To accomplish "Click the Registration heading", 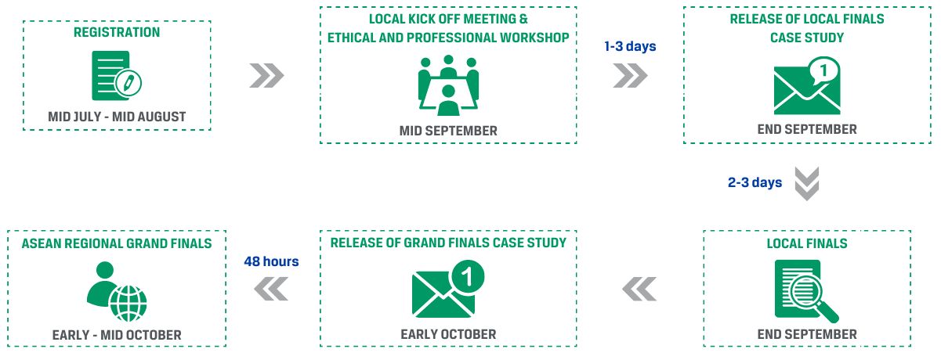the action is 117,32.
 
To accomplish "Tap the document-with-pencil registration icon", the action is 117,76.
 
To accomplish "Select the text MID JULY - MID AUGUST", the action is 117,117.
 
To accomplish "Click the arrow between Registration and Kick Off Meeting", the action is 266,76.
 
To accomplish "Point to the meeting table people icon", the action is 448,85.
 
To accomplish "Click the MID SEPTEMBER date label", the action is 448,131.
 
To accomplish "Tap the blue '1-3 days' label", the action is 630,46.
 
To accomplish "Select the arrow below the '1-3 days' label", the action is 630,76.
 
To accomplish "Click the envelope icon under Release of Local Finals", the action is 807,85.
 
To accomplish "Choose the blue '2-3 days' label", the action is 755,182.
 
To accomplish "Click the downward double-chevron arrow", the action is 807,184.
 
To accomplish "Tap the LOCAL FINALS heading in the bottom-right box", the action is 807,243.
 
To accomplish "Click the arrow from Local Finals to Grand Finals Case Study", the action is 639,289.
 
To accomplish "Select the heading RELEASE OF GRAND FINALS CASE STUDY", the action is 448,243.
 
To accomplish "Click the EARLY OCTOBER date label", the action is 448,334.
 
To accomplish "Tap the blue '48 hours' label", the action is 271,261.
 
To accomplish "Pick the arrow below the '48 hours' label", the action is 271,289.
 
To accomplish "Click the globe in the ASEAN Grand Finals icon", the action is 128,304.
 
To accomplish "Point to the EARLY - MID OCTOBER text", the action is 117,335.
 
